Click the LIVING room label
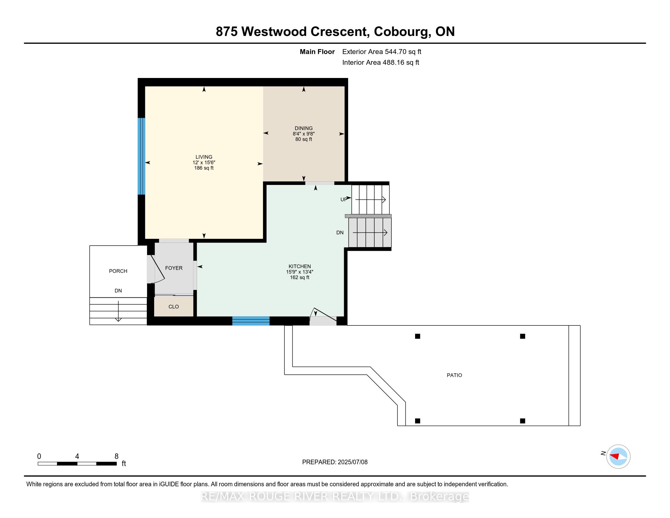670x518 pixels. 204,157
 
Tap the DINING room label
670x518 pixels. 304,128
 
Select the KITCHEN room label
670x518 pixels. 300,266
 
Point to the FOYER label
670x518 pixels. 174,268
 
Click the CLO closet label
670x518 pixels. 174,307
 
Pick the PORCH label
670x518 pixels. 118,271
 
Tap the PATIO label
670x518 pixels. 454,375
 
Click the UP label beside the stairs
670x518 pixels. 344,200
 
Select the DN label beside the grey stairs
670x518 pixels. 340,232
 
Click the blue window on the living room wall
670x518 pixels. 141,156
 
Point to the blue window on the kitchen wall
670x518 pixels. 251,321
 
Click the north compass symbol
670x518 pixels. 618,456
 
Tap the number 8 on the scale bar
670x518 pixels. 116,456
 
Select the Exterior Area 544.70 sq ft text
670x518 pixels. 382,51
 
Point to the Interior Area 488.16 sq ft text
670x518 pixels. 381,62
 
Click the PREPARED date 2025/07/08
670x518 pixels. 352,462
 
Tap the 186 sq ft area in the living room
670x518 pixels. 204,168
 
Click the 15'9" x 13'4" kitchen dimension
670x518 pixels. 300,272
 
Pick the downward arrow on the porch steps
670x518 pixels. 118,311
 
